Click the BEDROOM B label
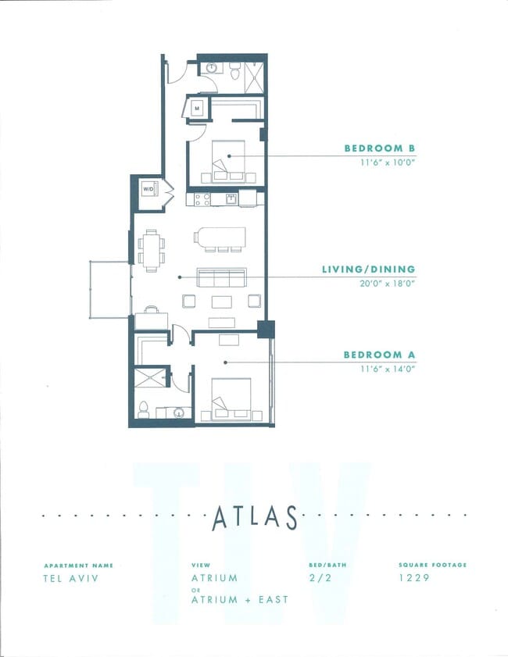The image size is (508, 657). pyautogui.click(x=379, y=148)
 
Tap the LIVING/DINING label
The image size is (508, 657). pyautogui.click(x=368, y=270)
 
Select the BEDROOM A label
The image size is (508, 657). pyautogui.click(x=379, y=355)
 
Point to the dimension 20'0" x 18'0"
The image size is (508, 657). pyautogui.click(x=384, y=284)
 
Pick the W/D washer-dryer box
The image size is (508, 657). pyautogui.click(x=148, y=190)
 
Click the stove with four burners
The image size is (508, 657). pyautogui.click(x=202, y=198)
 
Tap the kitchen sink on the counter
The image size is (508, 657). pyautogui.click(x=231, y=198)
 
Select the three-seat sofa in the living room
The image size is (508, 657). pyautogui.click(x=221, y=277)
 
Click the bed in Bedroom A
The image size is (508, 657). pyautogui.click(x=232, y=399)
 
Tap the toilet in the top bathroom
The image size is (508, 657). pyautogui.click(x=234, y=71)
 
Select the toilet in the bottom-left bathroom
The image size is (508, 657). pyautogui.click(x=144, y=409)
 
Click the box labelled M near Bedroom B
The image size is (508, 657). pyautogui.click(x=197, y=107)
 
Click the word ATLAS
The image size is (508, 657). pyautogui.click(x=254, y=517)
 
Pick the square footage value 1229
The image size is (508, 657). pyautogui.click(x=413, y=579)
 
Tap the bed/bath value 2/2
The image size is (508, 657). pyautogui.click(x=321, y=579)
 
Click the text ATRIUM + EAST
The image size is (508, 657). pyautogui.click(x=239, y=599)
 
